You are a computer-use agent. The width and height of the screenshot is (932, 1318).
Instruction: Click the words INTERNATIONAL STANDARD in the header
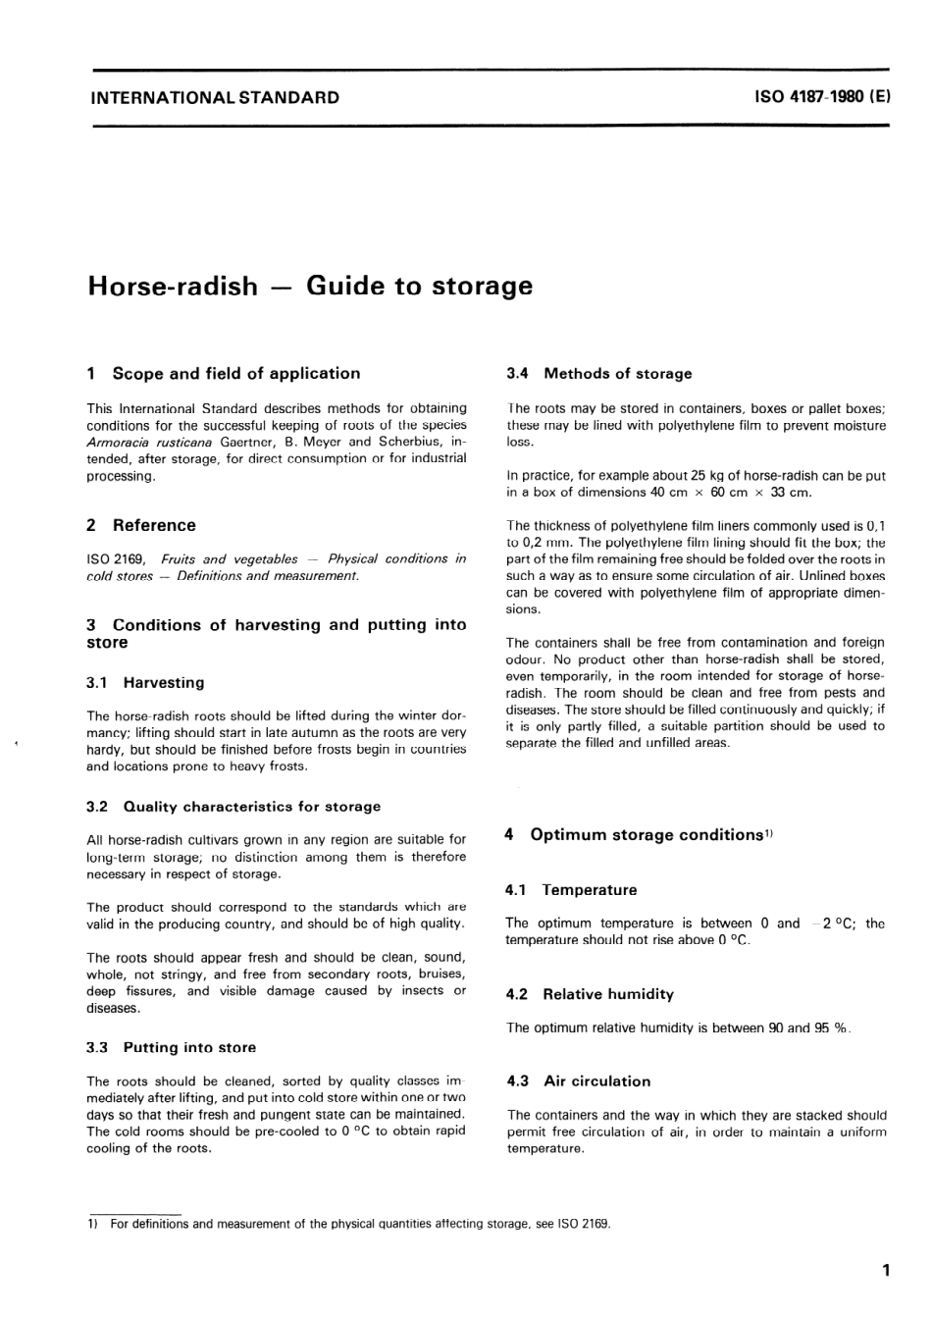[214, 97]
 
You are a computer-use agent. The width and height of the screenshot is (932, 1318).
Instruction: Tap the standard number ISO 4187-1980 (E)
[822, 97]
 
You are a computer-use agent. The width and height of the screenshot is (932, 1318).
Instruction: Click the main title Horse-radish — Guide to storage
[310, 286]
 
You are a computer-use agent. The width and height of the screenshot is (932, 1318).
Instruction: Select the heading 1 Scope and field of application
[224, 373]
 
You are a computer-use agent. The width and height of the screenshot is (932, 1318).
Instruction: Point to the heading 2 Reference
[141, 525]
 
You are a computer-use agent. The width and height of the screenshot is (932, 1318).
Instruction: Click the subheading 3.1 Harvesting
[145, 682]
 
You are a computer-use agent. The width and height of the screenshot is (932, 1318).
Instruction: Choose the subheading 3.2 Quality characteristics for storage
[233, 806]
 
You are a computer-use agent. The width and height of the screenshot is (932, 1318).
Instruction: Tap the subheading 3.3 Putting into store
[171, 1047]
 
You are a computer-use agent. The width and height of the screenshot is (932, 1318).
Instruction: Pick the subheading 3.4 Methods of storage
[598, 373]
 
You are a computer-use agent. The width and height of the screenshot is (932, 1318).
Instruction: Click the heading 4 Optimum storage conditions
[639, 834]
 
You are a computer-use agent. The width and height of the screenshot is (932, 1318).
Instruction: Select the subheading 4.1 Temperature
[571, 890]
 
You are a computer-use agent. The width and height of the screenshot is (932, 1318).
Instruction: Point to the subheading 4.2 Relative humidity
[590, 994]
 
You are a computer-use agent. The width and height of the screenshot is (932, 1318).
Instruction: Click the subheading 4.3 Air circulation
[578, 1081]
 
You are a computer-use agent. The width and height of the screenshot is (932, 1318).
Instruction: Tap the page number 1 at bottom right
[886, 1271]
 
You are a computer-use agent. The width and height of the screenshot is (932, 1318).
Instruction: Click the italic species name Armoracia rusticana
[149, 442]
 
